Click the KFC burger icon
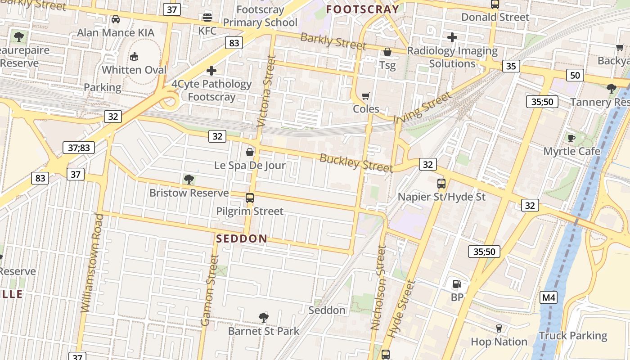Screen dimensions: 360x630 [x=207, y=18]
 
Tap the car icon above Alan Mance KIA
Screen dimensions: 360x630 [x=116, y=19]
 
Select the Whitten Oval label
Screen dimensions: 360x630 [x=134, y=70]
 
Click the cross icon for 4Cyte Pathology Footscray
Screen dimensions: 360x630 [x=211, y=71]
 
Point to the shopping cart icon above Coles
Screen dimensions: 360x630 [x=366, y=96]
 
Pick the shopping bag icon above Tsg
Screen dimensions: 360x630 [x=387, y=52]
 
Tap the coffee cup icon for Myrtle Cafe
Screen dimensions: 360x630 [x=571, y=138]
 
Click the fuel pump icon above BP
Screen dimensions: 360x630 [x=457, y=284]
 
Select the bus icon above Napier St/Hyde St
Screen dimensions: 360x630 [x=441, y=184]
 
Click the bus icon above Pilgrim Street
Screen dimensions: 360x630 [x=250, y=198]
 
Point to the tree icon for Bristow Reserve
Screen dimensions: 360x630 [x=189, y=180]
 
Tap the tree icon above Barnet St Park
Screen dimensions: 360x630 [x=264, y=318]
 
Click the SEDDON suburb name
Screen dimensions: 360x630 [x=242, y=238]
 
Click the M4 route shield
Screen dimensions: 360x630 [x=549, y=297]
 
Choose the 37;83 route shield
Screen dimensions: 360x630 [x=78, y=147]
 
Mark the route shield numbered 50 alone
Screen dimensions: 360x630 [x=575, y=75]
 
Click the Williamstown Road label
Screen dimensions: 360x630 [x=92, y=263]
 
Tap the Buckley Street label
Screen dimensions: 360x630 [x=356, y=162]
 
